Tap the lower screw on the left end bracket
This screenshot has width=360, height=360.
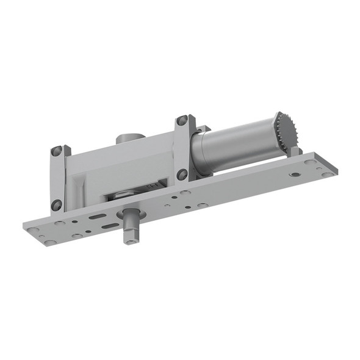point(56,204)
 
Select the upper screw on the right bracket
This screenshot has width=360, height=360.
point(182,121)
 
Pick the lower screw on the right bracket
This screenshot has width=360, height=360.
point(182,175)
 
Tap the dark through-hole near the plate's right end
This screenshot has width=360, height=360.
point(295,175)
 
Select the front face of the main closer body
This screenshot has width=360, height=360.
point(116,171)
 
